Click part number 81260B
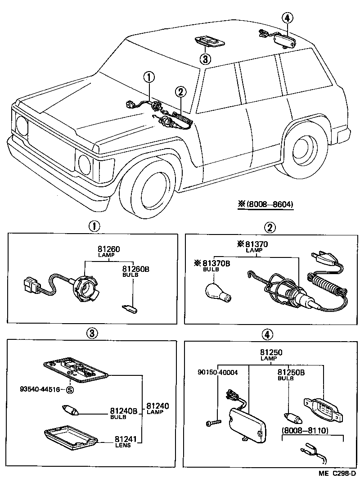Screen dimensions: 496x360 (x=135, y=269)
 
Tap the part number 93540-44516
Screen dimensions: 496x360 (x=40, y=389)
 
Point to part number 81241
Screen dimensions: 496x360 (x=125, y=439)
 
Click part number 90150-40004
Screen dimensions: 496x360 (x=217, y=372)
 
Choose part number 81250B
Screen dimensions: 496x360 (x=290, y=372)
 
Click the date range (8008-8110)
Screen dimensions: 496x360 (x=304, y=431)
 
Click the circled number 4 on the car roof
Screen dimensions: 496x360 (x=287, y=18)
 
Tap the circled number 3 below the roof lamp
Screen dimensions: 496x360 (x=204, y=59)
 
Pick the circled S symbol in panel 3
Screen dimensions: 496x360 (x=70, y=390)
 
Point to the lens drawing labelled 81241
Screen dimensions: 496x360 (x=71, y=437)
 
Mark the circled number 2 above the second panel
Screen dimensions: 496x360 (x=270, y=228)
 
